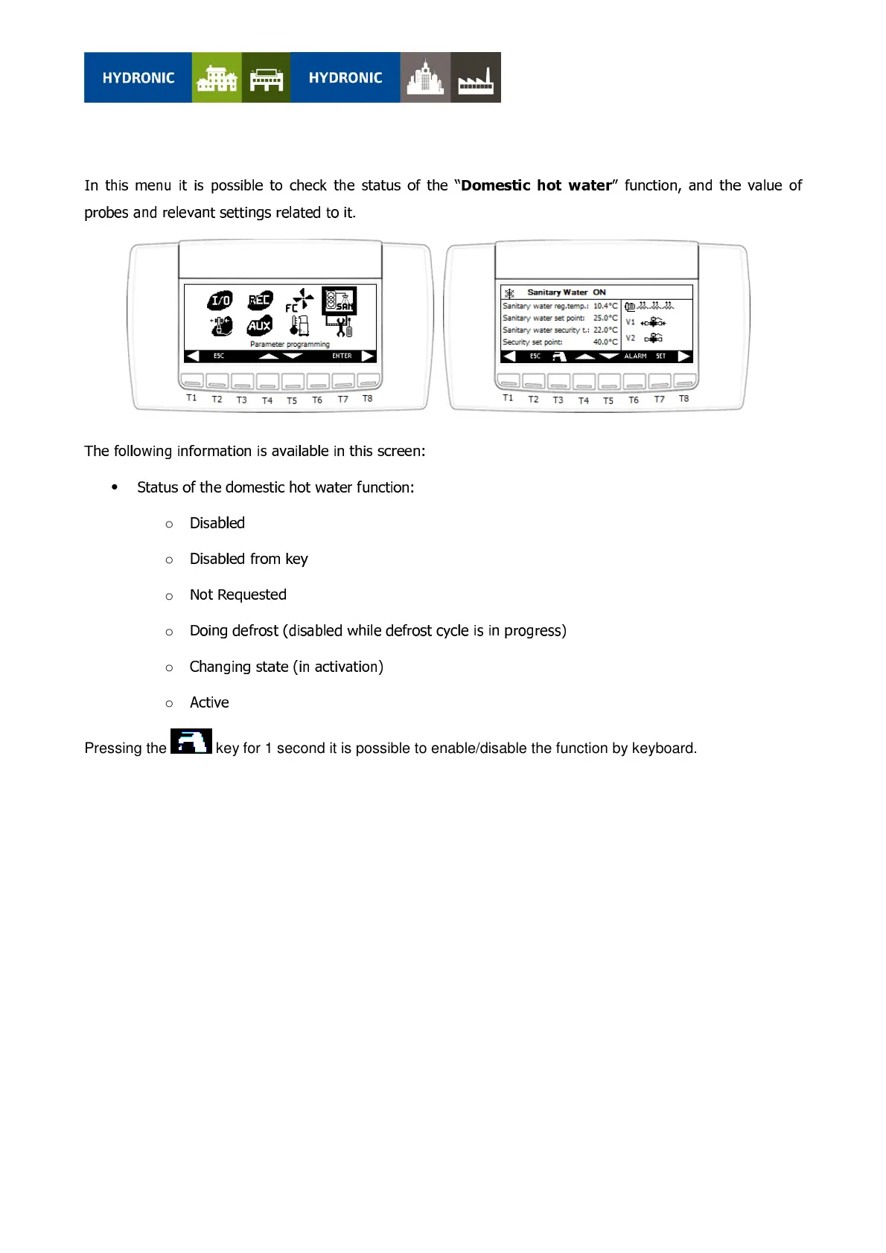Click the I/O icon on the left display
pyautogui.click(x=220, y=300)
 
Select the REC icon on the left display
pyautogui.click(x=260, y=299)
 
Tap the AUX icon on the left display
pyautogui.click(x=259, y=325)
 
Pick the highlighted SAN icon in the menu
pyautogui.click(x=340, y=301)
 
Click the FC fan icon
pyautogui.click(x=299, y=300)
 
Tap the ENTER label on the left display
pyautogui.click(x=342, y=356)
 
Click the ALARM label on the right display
pyautogui.click(x=635, y=356)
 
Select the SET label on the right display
pyautogui.click(x=660, y=356)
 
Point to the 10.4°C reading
pyautogui.click(x=605, y=306)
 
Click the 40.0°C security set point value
pyautogui.click(x=605, y=342)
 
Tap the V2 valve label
pyautogui.click(x=631, y=338)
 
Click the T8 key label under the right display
pyautogui.click(x=683, y=399)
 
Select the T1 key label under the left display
pyautogui.click(x=191, y=398)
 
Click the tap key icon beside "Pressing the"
pyautogui.click(x=191, y=742)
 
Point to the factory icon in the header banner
pyautogui.click(x=476, y=77)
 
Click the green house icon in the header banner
pyautogui.click(x=217, y=77)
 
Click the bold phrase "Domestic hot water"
pyautogui.click(x=536, y=185)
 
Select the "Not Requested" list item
pyautogui.click(x=238, y=595)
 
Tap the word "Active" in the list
pyautogui.click(x=209, y=702)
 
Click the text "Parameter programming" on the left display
pyautogui.click(x=290, y=345)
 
